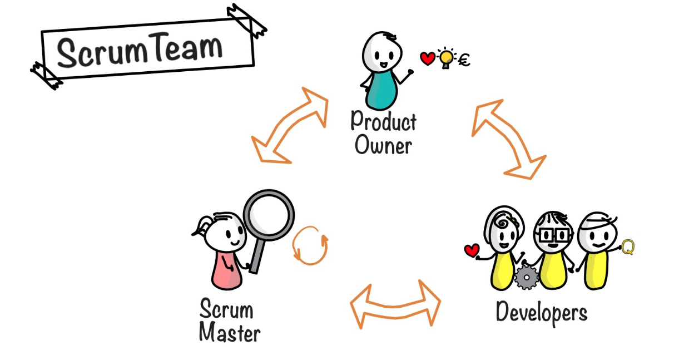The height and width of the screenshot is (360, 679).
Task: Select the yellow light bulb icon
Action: (x=445, y=58)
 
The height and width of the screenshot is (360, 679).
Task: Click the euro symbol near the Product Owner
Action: (x=463, y=60)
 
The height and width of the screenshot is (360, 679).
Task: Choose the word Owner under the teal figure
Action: (x=383, y=146)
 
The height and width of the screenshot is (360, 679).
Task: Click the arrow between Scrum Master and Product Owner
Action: (x=289, y=126)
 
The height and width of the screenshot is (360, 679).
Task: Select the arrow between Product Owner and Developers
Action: (x=507, y=139)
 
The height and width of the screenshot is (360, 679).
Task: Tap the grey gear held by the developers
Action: (x=525, y=277)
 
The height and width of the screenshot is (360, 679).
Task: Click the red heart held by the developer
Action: (x=472, y=251)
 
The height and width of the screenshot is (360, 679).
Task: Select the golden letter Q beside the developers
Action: (x=627, y=247)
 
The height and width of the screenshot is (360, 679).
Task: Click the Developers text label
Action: (x=541, y=313)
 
